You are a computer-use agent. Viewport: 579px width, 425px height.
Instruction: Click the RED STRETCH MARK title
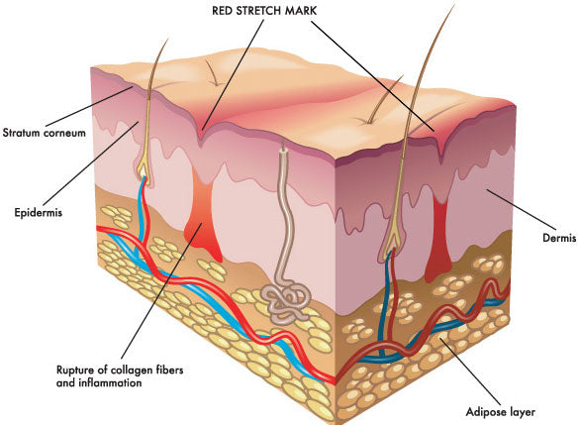pos(264,10)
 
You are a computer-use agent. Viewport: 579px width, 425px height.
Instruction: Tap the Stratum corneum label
pos(44,133)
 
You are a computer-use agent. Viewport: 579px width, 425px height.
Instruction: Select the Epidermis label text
pos(38,212)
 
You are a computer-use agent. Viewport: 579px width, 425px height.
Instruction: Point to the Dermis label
pos(559,238)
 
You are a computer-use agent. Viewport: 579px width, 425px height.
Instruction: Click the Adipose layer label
pos(501,412)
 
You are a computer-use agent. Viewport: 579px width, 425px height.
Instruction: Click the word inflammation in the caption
pos(110,382)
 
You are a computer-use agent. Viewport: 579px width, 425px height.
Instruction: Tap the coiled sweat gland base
pos(286,299)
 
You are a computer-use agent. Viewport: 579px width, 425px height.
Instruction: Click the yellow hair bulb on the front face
pos(143,169)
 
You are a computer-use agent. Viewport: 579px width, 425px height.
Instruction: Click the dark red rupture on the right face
pos(439,240)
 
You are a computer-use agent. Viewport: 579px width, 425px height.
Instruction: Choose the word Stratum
pos(21,133)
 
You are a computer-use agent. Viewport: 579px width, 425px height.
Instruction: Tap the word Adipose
pos(483,412)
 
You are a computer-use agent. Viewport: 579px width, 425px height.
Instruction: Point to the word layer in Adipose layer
pos(520,412)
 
